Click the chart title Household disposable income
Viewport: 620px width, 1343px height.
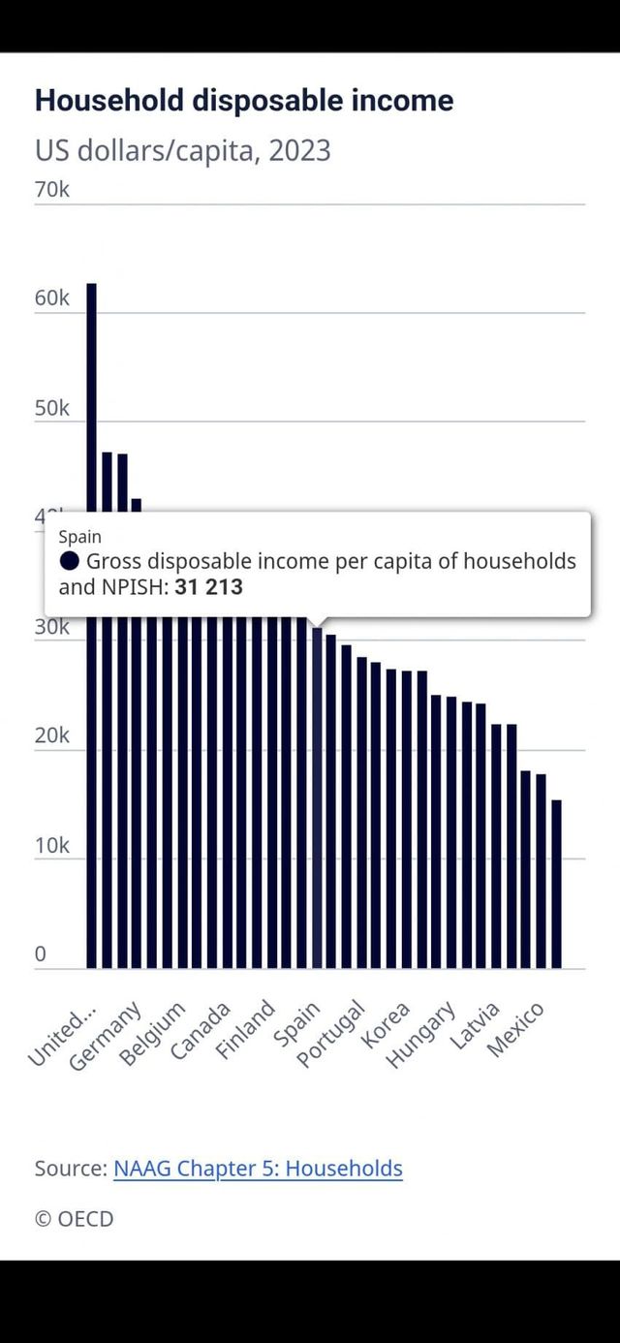point(244,101)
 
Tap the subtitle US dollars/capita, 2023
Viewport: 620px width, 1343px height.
point(182,151)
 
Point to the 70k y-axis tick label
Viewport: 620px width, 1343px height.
point(52,189)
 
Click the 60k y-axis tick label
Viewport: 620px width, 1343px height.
point(52,298)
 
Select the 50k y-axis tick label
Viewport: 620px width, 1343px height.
point(52,408)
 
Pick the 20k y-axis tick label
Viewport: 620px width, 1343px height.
point(52,735)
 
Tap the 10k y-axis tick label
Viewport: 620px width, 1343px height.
point(52,845)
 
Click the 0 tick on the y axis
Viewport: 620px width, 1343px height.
point(41,954)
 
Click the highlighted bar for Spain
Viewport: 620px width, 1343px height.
point(317,795)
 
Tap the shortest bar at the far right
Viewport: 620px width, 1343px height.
point(556,882)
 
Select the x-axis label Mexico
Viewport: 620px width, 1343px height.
point(517,1029)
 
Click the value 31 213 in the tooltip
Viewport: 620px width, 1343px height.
point(208,587)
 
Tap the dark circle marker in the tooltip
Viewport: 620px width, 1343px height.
point(70,561)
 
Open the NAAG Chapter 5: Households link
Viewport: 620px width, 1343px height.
point(258,1169)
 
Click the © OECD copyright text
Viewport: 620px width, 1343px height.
point(75,1219)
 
